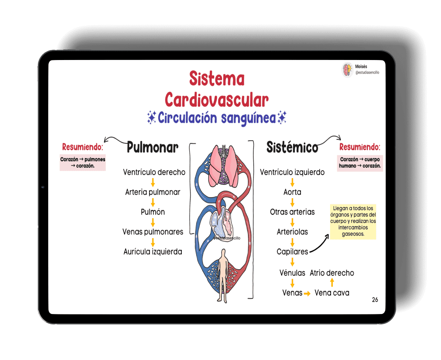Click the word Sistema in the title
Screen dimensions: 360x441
tap(217, 78)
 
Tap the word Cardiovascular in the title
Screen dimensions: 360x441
tap(216, 99)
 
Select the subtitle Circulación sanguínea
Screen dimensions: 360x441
tap(217, 118)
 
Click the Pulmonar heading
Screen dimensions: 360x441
tap(152, 147)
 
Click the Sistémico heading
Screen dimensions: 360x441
tap(292, 147)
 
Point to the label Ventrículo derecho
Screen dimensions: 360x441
tap(154, 172)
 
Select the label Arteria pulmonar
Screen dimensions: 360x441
tap(152, 192)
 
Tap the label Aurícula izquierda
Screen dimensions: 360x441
tap(153, 252)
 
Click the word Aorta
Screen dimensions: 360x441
tap(292, 192)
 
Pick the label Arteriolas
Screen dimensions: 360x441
tap(292, 232)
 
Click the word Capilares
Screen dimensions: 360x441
tap(292, 252)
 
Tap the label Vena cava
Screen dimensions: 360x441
tap(332, 293)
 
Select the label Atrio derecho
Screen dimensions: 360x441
tap(332, 273)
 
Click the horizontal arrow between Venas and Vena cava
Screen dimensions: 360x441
tap(308, 294)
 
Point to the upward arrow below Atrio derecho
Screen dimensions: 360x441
tap(332, 283)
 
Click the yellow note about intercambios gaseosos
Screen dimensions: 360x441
tap(353, 222)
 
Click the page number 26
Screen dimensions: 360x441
tap(375, 300)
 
